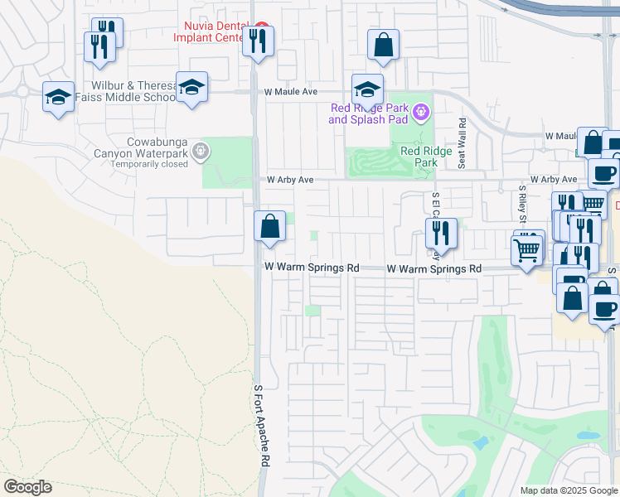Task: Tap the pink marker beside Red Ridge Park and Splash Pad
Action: [421, 111]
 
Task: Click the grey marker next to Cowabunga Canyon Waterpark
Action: [200, 151]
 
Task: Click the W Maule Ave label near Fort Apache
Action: [291, 92]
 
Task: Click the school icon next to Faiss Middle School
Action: [191, 87]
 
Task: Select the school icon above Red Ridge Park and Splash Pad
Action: [366, 89]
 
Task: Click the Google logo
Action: [27, 487]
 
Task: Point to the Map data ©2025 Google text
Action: [568, 490]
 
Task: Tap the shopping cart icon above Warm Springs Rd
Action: [527, 248]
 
